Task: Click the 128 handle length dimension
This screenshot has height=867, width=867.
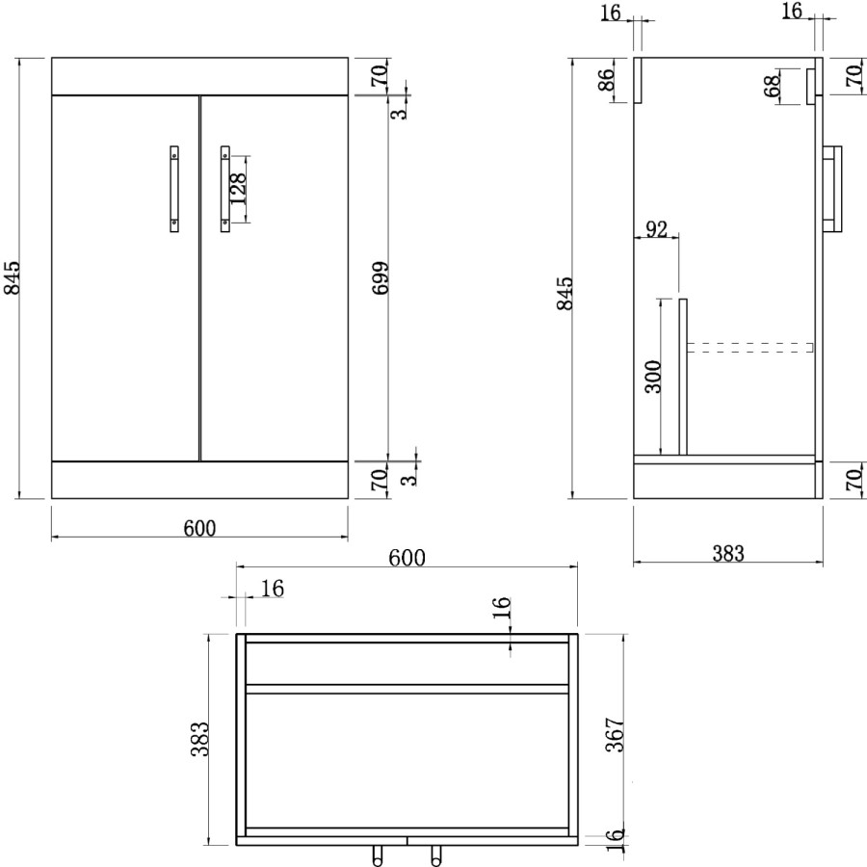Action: coord(238,190)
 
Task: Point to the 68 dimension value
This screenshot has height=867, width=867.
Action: coord(773,85)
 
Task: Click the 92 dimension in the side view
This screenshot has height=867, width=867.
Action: coord(656,229)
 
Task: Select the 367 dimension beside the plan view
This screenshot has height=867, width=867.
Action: coord(618,735)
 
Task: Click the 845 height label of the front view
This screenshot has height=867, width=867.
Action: coord(13,279)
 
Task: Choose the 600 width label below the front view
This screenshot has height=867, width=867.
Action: coord(198,528)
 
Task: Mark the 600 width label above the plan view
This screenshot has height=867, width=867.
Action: coord(407,557)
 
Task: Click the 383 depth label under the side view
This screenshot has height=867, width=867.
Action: coord(728,553)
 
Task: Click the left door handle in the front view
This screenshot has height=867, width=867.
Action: coord(173,188)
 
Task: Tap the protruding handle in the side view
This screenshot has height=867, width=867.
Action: coord(833,188)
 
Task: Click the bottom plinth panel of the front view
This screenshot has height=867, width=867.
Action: coord(198,479)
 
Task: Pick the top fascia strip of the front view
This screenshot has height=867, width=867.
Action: coord(198,76)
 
